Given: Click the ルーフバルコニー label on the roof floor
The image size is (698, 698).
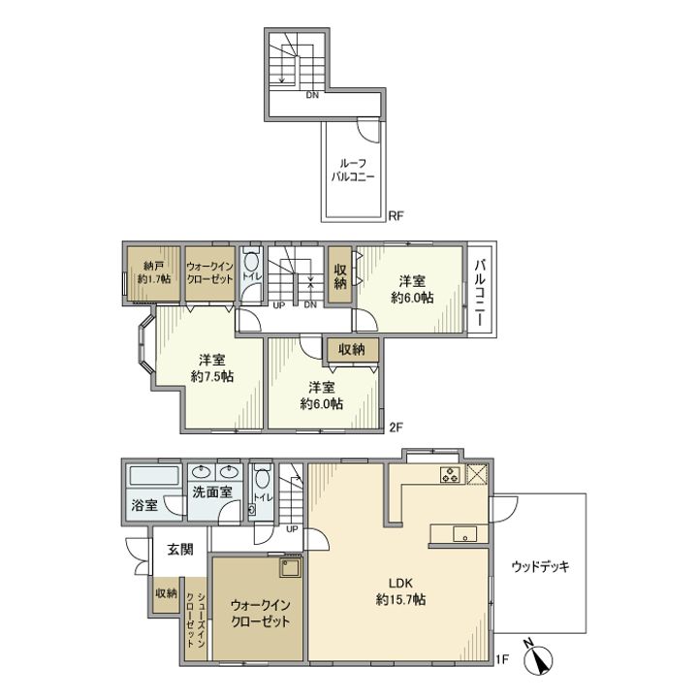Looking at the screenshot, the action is pyautogui.click(x=353, y=170).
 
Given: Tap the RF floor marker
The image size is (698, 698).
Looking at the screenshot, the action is pyautogui.click(x=396, y=216).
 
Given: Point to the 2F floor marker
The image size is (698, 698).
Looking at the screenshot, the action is pyautogui.click(x=396, y=428).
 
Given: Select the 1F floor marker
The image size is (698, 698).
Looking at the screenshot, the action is pyautogui.click(x=502, y=659).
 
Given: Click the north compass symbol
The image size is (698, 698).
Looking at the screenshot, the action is pyautogui.click(x=538, y=658).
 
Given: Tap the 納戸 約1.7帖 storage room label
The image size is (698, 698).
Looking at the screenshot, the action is pyautogui.click(x=154, y=272).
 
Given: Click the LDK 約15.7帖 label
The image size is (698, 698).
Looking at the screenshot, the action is pyautogui.click(x=400, y=591).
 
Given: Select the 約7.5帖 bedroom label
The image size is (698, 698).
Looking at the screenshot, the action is pyautogui.click(x=212, y=368).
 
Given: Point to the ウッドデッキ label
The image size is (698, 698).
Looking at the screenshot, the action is pyautogui.click(x=540, y=567).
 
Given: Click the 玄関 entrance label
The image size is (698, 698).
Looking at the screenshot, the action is pyautogui.click(x=180, y=550).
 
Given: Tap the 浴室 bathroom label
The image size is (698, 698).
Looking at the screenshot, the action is pyautogui.click(x=144, y=505).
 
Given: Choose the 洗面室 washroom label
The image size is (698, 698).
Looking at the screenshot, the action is pyautogui.click(x=212, y=492).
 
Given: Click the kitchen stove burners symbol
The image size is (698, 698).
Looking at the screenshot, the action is pyautogui.click(x=450, y=474).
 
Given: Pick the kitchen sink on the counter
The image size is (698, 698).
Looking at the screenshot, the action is pyautogui.click(x=464, y=534).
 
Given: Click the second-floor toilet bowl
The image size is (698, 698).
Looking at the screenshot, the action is pyautogui.click(x=251, y=262).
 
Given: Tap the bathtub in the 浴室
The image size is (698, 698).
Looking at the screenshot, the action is pyautogui.click(x=154, y=475).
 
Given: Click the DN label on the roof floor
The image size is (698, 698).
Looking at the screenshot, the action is pyautogui.click(x=312, y=95).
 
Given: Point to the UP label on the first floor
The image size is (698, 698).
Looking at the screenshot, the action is pyautogui.click(x=292, y=529).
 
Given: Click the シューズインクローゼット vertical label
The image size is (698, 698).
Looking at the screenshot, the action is pyautogui.click(x=196, y=619).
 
